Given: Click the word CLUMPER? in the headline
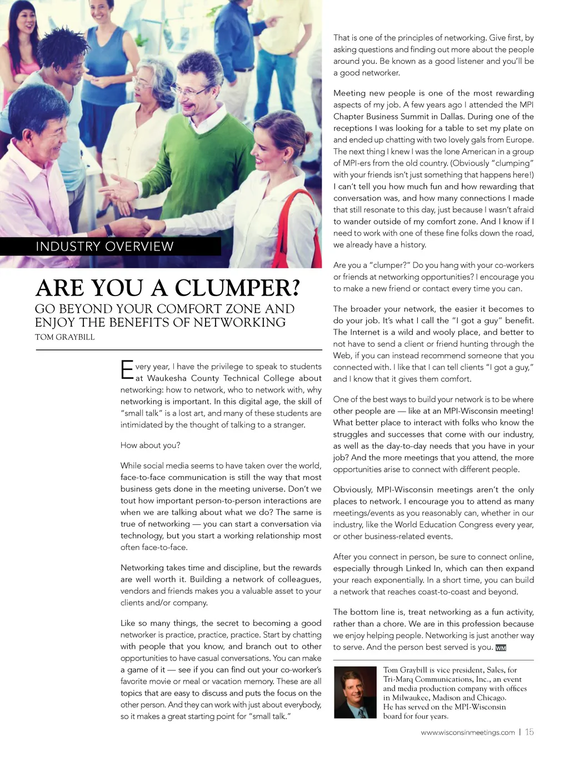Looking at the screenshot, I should click(x=237, y=288).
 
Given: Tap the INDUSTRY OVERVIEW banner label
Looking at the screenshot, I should click(x=104, y=247).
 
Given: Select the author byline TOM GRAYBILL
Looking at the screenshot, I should click(x=64, y=337).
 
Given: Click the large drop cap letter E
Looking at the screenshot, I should click(x=127, y=370).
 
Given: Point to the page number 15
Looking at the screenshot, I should click(x=529, y=732).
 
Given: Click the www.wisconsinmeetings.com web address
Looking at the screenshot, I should click(x=467, y=733).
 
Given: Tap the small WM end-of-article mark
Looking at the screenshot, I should click(x=501, y=648).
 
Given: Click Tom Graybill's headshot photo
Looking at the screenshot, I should click(x=355, y=692).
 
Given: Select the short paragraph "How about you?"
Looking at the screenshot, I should click(x=150, y=445).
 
